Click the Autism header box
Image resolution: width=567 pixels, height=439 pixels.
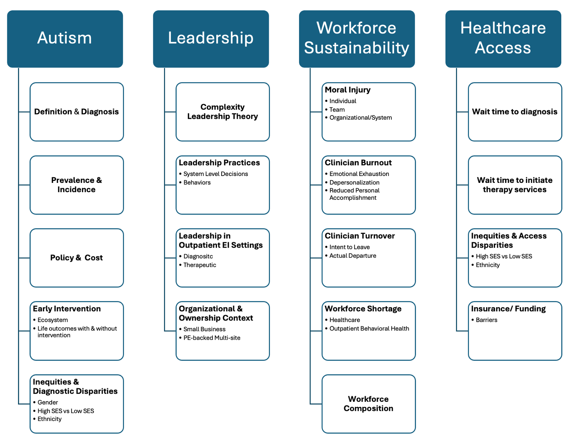(65, 39)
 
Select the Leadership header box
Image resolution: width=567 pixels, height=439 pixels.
(210, 39)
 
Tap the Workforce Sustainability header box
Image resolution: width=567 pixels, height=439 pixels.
(357, 39)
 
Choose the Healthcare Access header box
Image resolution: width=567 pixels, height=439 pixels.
(503, 39)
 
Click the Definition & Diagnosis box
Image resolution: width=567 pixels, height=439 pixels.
(76, 112)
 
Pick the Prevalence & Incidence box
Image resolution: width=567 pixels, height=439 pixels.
(76, 185)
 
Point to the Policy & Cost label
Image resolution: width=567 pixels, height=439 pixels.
(76, 257)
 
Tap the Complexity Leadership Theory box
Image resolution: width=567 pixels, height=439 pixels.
(223, 112)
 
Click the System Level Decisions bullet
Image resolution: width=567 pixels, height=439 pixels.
(214, 174)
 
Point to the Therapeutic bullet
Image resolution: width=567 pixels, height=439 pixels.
(197, 265)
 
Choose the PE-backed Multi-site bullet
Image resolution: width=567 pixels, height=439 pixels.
(210, 337)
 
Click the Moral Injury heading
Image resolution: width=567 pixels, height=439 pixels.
(347, 90)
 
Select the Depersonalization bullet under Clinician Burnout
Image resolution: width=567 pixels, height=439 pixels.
(352, 183)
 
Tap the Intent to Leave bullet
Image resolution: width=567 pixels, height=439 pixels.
(347, 247)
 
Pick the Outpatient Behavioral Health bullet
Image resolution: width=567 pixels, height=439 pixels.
(367, 328)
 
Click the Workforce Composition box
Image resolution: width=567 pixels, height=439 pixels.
(368, 403)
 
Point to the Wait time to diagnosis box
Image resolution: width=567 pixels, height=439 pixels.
(515, 112)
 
